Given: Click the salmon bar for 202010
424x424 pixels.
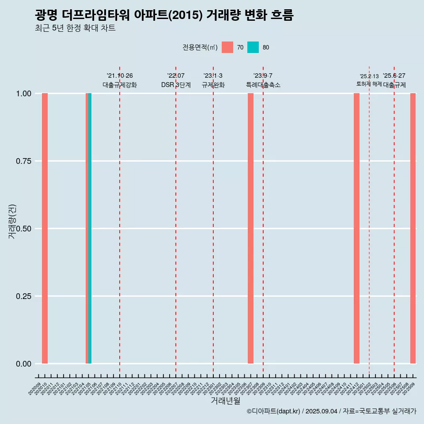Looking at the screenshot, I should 45,228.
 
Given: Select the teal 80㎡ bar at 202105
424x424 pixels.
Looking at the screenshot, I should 90,228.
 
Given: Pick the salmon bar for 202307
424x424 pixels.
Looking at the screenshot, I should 250,228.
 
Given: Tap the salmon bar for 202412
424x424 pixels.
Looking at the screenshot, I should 356,228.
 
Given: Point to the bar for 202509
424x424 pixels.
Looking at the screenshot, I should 413,228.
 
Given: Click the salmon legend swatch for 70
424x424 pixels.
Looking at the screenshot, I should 227,47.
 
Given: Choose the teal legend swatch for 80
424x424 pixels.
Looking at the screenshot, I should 253,47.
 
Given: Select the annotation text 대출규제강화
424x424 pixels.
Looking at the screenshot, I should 120,85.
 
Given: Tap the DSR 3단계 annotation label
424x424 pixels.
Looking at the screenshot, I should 176,85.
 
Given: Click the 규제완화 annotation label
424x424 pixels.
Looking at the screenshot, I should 213,85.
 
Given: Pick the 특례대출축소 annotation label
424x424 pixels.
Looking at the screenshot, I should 263,85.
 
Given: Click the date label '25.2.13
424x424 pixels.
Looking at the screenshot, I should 369,76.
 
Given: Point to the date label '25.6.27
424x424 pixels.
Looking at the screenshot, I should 394,76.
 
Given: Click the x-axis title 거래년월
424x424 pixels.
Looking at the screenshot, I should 225,401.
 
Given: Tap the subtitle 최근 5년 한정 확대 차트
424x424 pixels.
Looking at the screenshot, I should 75,28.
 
